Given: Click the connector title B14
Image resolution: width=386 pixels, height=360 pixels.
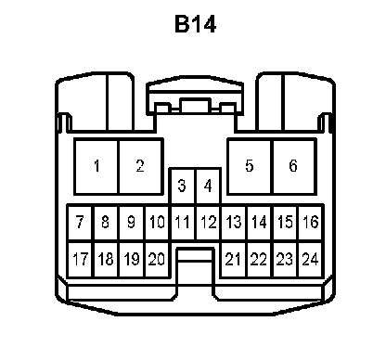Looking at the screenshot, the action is click(x=195, y=24).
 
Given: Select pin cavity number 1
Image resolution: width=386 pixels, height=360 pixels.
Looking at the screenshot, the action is click(x=96, y=167).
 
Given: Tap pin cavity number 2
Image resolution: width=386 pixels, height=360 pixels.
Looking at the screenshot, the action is click(x=141, y=167).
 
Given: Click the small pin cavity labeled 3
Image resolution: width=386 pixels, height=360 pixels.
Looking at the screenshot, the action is click(x=183, y=186).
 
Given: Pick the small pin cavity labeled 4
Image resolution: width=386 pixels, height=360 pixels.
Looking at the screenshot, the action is click(x=209, y=186).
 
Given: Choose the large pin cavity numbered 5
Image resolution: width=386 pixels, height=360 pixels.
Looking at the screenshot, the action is click(x=250, y=167).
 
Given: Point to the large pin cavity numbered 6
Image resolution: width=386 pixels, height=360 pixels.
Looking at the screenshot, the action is click(x=294, y=167).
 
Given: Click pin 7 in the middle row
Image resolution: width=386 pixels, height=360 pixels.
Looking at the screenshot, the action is click(x=80, y=223).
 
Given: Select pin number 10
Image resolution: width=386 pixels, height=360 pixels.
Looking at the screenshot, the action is click(x=157, y=223).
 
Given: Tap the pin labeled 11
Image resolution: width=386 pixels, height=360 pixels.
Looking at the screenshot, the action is click(x=183, y=223).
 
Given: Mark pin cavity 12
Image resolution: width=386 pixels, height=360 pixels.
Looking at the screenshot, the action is click(x=209, y=223).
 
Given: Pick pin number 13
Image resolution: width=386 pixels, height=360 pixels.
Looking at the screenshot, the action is click(x=234, y=223).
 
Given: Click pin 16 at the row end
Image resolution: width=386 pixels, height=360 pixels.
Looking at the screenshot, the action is click(x=311, y=223).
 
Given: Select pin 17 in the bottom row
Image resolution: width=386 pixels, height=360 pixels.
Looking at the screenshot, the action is click(x=80, y=259).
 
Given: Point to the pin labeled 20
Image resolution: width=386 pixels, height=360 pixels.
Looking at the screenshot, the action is click(x=157, y=259).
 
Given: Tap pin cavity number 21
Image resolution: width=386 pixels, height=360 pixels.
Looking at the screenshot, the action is click(x=234, y=259).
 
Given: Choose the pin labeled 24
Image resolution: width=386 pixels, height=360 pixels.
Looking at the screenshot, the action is click(x=311, y=259).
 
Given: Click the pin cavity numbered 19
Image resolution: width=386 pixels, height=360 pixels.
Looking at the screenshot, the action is click(x=132, y=259).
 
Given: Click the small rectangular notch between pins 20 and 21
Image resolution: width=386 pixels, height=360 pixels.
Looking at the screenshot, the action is click(x=195, y=255).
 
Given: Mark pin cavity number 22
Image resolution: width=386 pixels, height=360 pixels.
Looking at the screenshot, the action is click(x=260, y=259).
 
